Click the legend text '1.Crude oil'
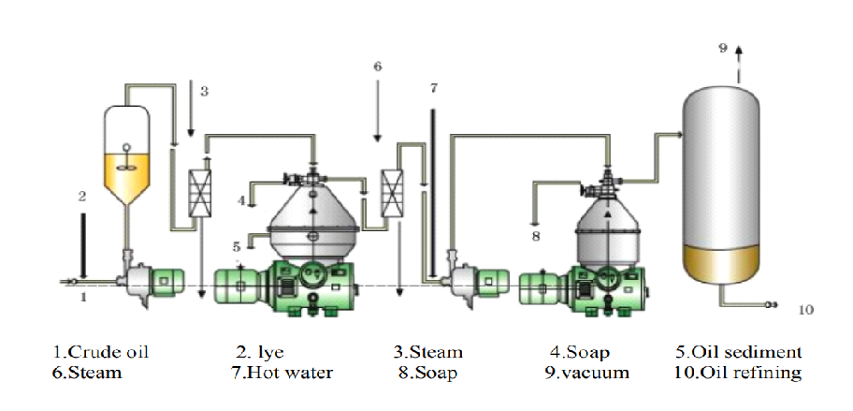101,353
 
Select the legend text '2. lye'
259,353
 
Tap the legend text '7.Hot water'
282,373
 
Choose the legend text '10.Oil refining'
739,373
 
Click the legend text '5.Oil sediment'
739,353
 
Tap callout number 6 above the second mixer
378,67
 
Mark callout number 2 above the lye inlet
82,197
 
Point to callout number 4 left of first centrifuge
240,199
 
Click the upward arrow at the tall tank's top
738,52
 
